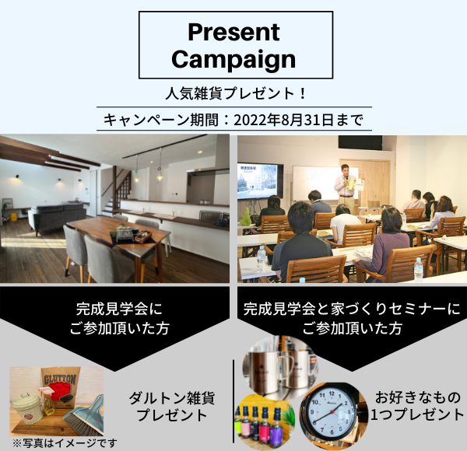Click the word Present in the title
233,32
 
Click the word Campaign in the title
233,59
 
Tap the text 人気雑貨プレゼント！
235,93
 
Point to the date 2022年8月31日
283,120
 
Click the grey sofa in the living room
57,215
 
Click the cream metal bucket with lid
25,408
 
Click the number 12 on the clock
332,393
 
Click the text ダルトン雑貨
172,398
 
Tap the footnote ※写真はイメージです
65,443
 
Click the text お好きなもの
417,397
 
